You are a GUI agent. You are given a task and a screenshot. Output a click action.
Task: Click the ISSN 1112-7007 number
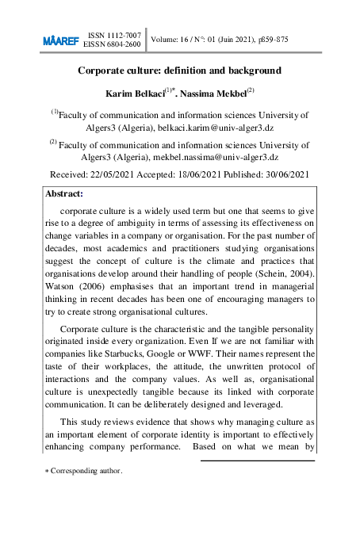114,35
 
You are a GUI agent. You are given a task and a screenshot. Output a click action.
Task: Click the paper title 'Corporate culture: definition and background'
179,71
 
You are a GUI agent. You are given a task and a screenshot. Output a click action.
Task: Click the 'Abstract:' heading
64,193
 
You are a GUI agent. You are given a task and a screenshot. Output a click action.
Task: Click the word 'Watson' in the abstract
64,286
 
